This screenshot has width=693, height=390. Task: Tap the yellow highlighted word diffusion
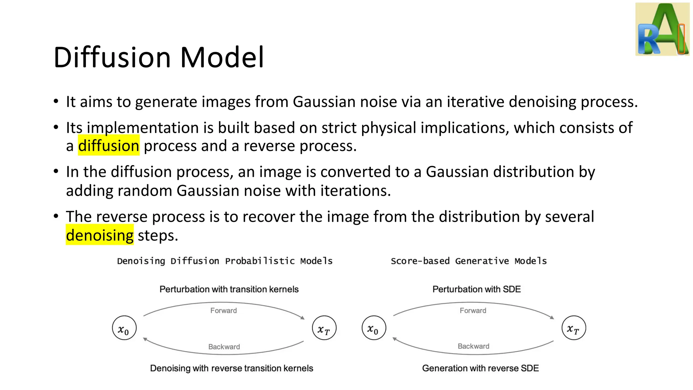click(109, 146)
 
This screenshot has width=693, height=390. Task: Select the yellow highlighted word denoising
click(100, 235)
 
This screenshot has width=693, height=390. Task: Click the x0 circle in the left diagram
click(124, 328)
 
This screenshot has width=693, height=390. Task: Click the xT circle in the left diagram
click(324, 328)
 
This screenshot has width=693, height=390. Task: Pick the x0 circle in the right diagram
click(374, 328)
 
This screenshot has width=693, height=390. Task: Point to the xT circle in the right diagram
click(574, 328)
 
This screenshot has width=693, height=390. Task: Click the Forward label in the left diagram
click(223, 310)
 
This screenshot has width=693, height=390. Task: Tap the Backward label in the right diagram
click(473, 346)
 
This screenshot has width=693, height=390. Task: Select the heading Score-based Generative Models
click(469, 261)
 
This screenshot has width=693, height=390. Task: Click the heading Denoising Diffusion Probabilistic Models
click(225, 261)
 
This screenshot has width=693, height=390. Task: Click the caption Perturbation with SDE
click(476, 289)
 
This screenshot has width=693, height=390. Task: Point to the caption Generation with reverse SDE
click(480, 368)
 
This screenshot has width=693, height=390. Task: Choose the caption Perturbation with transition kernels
click(229, 289)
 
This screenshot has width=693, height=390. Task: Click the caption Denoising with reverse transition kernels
click(231, 368)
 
